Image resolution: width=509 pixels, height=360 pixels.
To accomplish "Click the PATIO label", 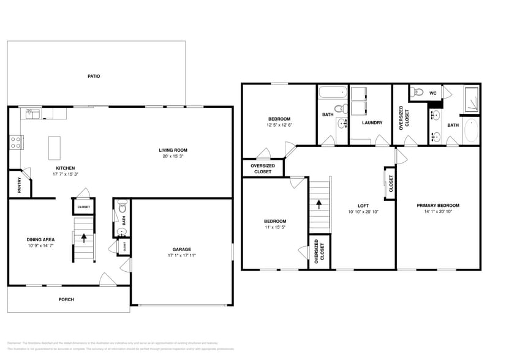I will point(93,77).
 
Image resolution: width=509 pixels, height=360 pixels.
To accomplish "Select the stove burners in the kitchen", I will point(15,142).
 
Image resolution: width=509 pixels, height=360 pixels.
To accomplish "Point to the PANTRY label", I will point(19,186).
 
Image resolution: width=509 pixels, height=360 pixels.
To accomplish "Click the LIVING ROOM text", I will point(173,150).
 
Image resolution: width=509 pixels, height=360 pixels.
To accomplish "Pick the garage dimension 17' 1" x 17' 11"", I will point(181,255).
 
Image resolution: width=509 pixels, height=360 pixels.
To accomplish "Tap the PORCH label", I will point(66,299).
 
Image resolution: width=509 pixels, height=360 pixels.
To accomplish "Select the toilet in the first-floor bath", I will point(121,206).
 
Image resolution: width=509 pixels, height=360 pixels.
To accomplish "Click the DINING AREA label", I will point(40,239).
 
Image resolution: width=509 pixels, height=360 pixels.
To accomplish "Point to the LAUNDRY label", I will point(372,122).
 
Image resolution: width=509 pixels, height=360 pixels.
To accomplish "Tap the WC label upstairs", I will point(432,93).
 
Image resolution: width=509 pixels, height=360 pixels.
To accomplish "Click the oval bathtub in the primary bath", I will point(470,131).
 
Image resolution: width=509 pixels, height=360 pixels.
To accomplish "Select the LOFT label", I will point(363,206).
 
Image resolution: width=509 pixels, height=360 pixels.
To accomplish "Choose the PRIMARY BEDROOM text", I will point(438,206).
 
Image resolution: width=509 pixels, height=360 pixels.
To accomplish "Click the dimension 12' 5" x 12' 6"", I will point(279,125).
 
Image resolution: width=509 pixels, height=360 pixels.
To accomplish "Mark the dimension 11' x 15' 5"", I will point(274,227).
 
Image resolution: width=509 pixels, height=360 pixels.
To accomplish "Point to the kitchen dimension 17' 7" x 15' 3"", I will point(66,174).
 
